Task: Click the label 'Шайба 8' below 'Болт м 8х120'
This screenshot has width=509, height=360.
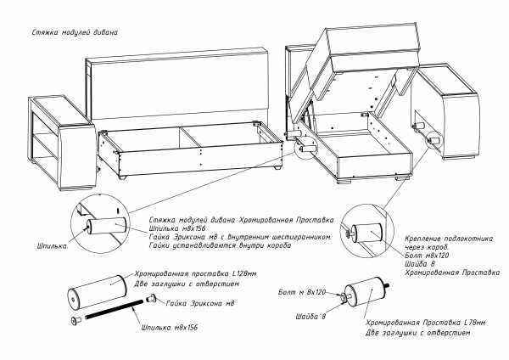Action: (x=313, y=317)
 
